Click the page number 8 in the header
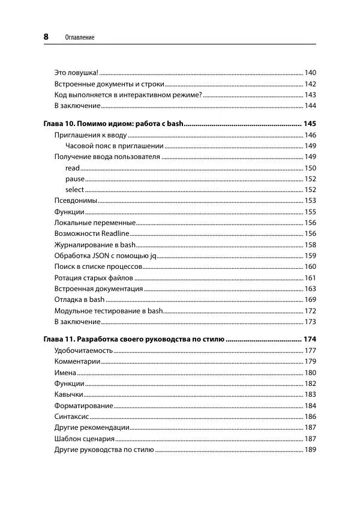point(46,37)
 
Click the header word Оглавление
point(80,37)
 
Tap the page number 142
point(310,84)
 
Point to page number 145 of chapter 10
point(310,124)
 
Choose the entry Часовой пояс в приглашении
point(114,146)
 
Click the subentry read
point(72,168)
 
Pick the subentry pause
point(74,179)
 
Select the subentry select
point(74,190)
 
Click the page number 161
point(310,277)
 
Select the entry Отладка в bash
point(79,300)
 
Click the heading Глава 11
point(134,339)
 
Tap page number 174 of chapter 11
point(310,339)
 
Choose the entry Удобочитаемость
point(83,351)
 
